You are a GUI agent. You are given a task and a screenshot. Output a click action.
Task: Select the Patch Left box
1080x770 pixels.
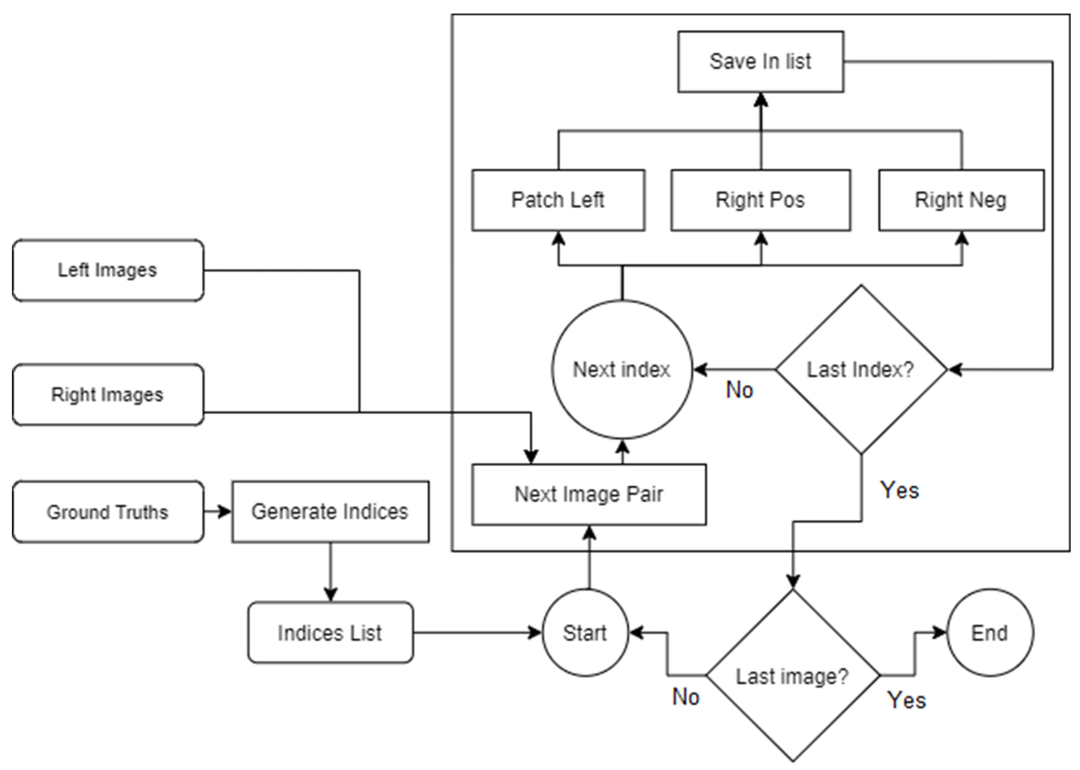tap(558, 200)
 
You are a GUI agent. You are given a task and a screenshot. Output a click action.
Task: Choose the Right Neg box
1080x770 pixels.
tap(961, 200)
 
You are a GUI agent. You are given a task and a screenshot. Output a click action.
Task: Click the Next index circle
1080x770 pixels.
tap(622, 369)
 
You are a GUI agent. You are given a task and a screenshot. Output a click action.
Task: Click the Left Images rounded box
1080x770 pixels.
tap(108, 270)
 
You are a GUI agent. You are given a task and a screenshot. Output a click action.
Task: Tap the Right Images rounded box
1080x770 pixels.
tap(108, 394)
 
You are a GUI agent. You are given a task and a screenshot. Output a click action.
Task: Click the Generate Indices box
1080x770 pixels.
tap(330, 512)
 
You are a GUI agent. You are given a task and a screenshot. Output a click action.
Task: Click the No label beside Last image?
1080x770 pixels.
tap(685, 697)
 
